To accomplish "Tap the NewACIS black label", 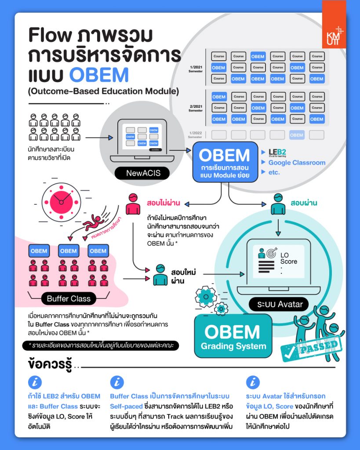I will (x=143, y=173).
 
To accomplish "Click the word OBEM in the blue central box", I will (x=224, y=155).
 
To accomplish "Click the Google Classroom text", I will (x=297, y=163).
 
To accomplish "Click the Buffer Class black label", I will (x=69, y=299).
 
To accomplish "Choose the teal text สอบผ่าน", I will (x=304, y=204).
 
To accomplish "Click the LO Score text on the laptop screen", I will (x=288, y=258).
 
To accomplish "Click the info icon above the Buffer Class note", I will (x=116, y=382).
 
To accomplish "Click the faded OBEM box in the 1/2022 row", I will (x=297, y=135).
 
